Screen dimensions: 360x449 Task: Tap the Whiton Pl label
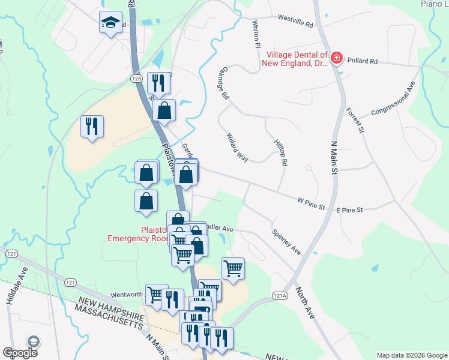(256, 35)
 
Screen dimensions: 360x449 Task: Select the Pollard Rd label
(364, 61)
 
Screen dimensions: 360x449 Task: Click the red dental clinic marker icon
(337, 58)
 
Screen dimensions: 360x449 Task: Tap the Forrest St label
(355, 120)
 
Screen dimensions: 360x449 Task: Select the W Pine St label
(312, 203)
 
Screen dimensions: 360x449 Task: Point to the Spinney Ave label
(286, 241)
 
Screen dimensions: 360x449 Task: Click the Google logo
(20, 353)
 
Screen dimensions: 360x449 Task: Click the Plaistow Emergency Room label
(136, 233)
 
